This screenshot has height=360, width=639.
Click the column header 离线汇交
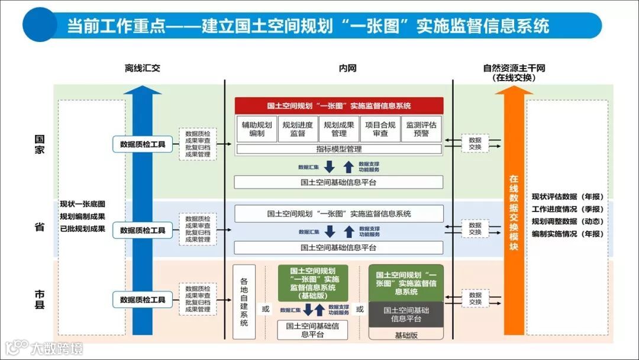click(x=142, y=68)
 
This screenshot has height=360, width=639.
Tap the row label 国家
click(x=40, y=144)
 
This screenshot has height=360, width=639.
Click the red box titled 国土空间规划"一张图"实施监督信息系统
click(x=339, y=106)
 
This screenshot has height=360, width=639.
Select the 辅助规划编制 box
click(x=257, y=129)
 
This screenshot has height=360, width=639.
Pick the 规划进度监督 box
click(x=298, y=129)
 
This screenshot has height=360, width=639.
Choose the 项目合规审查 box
click(x=380, y=129)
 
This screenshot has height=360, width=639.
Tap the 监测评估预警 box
click(x=421, y=129)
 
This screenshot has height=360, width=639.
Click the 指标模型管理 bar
click(x=338, y=149)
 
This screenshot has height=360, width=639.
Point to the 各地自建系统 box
click(x=244, y=301)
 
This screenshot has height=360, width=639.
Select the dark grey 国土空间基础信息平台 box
click(x=406, y=314)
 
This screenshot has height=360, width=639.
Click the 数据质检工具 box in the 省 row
click(x=143, y=230)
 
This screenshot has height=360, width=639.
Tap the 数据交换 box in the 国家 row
click(x=475, y=143)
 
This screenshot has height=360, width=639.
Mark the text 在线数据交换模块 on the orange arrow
click(x=514, y=212)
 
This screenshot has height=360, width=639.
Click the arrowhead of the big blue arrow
click(x=142, y=90)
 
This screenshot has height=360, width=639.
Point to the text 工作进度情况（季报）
click(x=567, y=209)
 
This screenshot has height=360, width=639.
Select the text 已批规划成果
click(x=82, y=229)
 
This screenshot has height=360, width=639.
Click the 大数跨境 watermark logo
click(x=44, y=348)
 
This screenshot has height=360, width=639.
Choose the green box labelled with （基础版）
click(x=313, y=282)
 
